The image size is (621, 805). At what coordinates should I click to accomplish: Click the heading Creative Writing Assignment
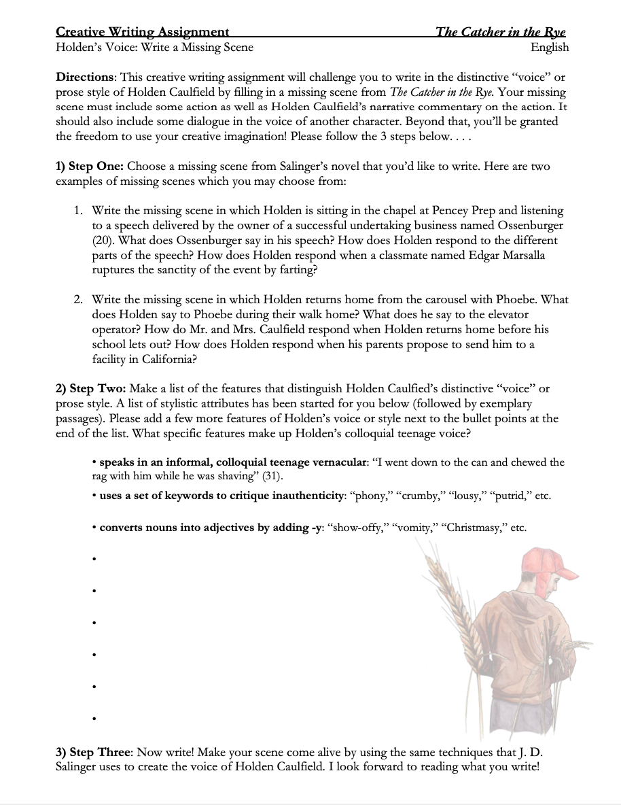click(x=143, y=32)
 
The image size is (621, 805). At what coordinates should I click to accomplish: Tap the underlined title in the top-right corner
click(x=501, y=32)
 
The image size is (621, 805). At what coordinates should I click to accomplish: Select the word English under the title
click(x=550, y=47)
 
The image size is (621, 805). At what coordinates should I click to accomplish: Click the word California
click(x=166, y=359)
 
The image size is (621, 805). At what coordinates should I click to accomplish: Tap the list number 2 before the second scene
click(x=79, y=299)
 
